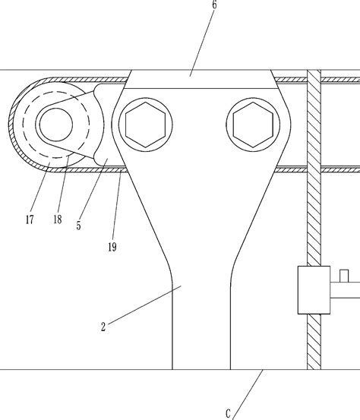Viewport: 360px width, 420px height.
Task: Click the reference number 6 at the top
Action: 214,5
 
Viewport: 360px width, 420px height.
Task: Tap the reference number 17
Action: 30,219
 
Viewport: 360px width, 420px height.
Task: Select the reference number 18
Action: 58,219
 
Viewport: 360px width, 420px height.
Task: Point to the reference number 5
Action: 78,226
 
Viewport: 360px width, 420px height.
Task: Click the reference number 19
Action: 112,247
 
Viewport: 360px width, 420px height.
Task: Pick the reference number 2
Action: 103,327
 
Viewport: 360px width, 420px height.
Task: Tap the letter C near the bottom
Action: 228,414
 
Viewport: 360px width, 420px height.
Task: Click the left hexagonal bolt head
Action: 146,125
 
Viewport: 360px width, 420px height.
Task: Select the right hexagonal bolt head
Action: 253,125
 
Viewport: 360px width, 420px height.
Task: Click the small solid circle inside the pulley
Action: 56,125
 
